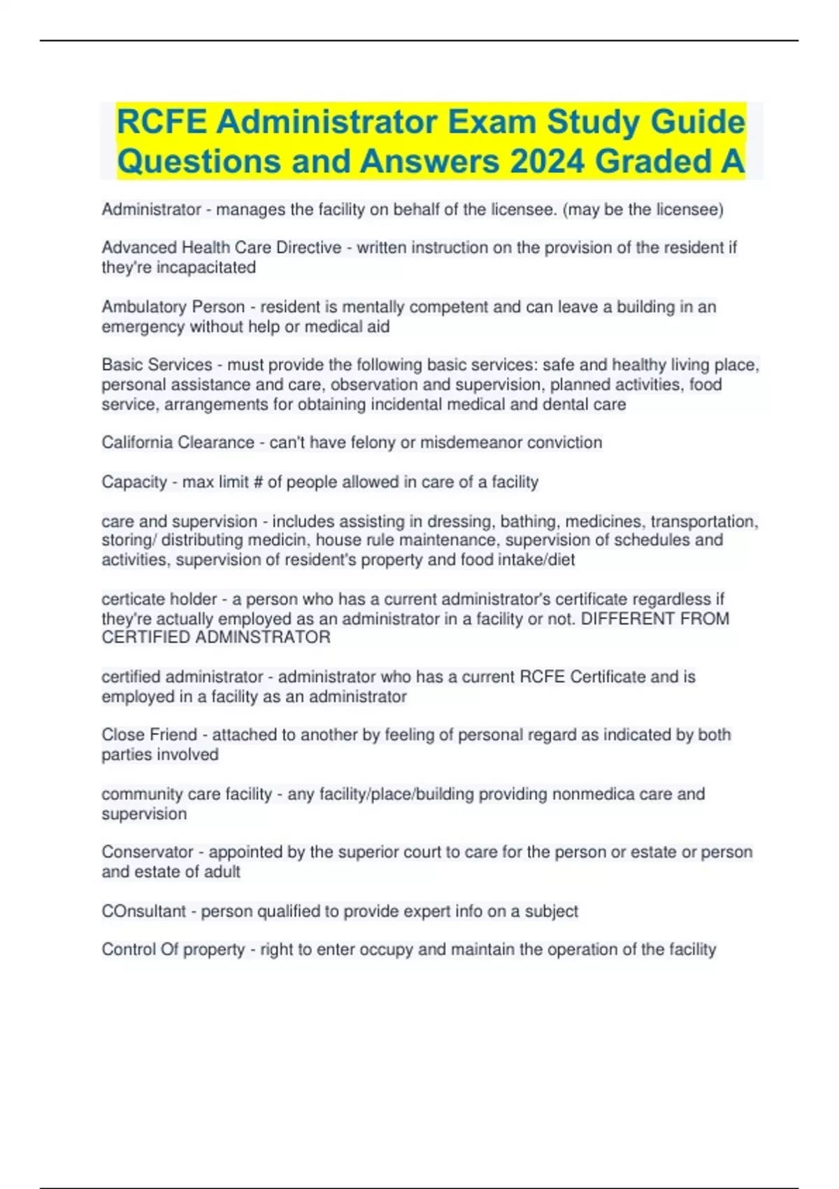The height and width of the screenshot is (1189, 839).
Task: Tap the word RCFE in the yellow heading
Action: pos(162,122)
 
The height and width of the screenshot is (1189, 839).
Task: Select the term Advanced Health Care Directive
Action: pos(222,248)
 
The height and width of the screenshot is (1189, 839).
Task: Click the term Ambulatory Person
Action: pos(173,307)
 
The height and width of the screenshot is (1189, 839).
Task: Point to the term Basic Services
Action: pos(157,365)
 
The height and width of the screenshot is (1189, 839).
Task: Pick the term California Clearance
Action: pos(178,443)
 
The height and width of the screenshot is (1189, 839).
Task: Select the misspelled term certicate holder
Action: pos(159,599)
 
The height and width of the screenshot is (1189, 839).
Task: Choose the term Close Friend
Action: pos(149,735)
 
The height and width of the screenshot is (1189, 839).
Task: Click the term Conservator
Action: pos(147,853)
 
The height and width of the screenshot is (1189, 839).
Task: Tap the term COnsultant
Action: pos(143,912)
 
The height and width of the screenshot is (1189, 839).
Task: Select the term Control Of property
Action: pos(173,950)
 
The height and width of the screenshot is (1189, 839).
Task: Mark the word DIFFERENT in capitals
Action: pos(626,619)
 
